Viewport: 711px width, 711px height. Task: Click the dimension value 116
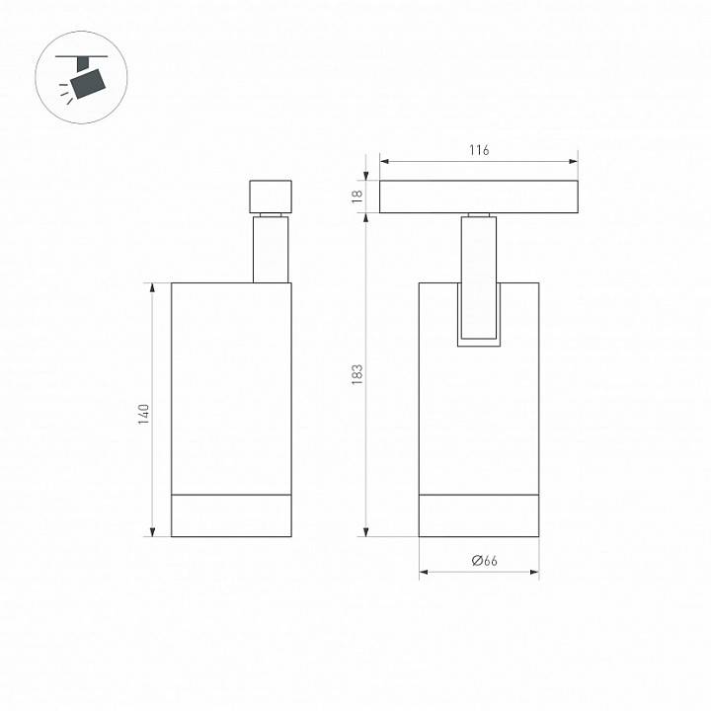(479, 150)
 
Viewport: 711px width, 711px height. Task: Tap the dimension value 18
(357, 197)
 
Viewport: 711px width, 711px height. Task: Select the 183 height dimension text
(357, 374)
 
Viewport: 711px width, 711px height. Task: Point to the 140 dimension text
(143, 414)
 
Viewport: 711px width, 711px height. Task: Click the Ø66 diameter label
(484, 561)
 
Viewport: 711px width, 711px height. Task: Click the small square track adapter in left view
(271, 197)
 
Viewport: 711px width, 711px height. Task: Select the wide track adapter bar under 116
(478, 197)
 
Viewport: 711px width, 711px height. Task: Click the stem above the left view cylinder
(271, 250)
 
